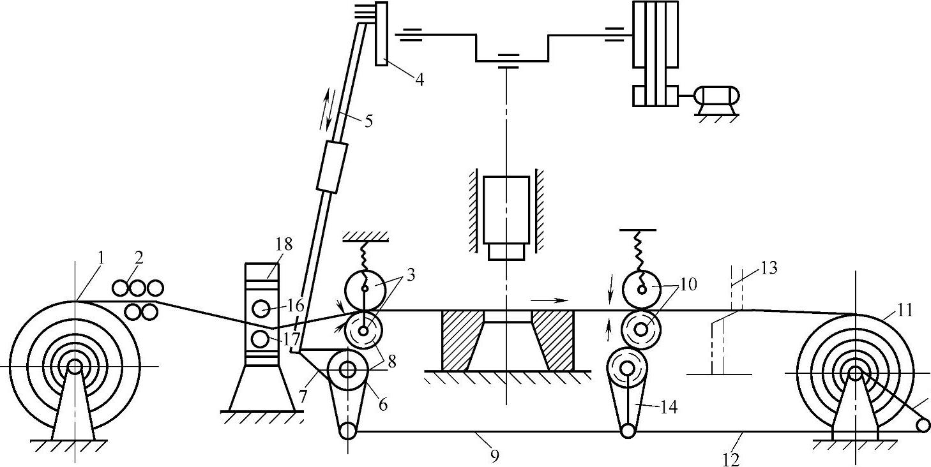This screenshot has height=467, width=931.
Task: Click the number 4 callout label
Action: point(420,79)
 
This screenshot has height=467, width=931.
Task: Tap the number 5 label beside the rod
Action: point(368,121)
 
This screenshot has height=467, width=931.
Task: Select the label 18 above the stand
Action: point(284,244)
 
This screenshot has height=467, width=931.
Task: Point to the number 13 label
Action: point(769,268)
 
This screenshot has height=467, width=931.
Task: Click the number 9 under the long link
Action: point(494,456)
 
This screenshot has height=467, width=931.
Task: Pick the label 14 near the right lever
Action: point(669,407)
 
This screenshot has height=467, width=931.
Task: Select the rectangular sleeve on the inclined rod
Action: point(332,167)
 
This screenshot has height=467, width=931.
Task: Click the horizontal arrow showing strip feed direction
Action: point(549,300)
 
